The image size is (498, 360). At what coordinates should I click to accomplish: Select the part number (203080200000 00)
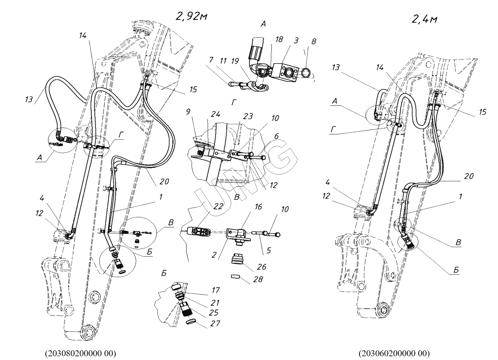coord(81,353)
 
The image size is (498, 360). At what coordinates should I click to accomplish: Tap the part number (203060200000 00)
coord(394,353)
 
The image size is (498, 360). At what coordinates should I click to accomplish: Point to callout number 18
coord(279,39)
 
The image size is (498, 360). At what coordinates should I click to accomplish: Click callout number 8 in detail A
coord(314,41)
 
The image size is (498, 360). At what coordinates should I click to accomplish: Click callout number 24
coord(215,114)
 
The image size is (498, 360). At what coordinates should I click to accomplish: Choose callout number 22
coord(219,206)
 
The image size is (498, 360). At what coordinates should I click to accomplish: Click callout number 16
coord(258,207)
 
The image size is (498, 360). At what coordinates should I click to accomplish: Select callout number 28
coord(258,279)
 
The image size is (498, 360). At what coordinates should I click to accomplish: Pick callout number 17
coord(215,290)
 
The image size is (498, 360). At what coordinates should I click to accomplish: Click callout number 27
coord(215,323)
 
